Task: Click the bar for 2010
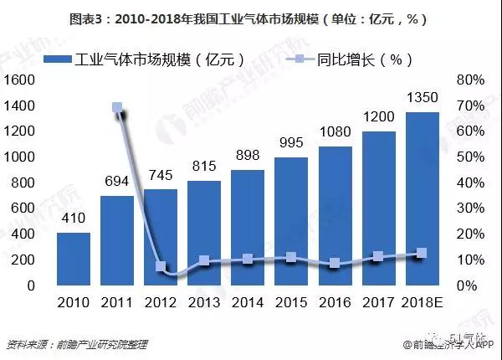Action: point(74,259)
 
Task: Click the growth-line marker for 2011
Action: point(117,108)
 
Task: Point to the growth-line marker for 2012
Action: point(161,267)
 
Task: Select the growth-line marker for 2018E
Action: point(422,253)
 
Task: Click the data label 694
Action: point(117,182)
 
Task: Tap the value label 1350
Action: point(422,99)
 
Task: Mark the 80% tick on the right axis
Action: point(469,80)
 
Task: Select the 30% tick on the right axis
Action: point(469,208)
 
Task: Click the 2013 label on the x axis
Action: point(204,302)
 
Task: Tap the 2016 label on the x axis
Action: point(334,302)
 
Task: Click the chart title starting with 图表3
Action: point(251,18)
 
